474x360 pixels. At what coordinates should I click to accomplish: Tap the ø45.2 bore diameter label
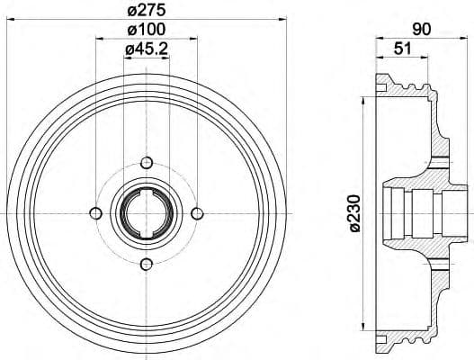click(147, 51)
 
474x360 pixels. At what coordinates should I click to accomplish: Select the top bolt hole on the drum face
click(147, 162)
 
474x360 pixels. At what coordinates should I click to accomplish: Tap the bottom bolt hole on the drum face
click(147, 264)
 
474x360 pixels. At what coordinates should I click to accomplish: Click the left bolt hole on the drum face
click(95, 212)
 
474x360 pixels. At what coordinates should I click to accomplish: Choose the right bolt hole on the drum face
click(198, 212)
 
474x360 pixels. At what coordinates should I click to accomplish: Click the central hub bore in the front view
click(147, 212)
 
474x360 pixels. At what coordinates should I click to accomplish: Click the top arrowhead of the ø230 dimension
click(363, 97)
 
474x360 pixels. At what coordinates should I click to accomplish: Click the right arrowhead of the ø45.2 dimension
click(166, 61)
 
